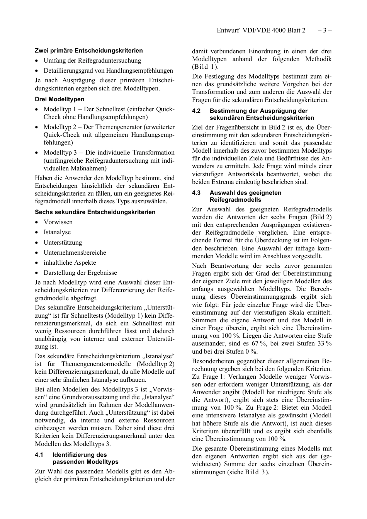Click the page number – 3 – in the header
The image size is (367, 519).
(325, 30)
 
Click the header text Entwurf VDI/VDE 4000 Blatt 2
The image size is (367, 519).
(261, 30)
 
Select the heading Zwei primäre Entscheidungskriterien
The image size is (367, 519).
(89, 51)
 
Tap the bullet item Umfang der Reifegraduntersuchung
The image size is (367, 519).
(92, 61)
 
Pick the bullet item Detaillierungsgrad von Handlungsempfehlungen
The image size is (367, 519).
(108, 71)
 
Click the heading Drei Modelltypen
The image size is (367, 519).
(59, 99)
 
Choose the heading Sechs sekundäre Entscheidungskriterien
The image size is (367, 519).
(95, 212)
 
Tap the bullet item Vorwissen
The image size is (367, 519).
(58, 222)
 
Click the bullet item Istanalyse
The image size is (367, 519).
(57, 232)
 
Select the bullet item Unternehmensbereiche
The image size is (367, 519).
(75, 253)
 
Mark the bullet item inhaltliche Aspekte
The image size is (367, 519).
(70, 263)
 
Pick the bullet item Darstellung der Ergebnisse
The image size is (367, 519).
(80, 273)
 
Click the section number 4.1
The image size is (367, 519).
(39, 455)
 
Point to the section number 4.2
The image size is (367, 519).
(196, 111)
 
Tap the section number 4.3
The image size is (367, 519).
(196, 193)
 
